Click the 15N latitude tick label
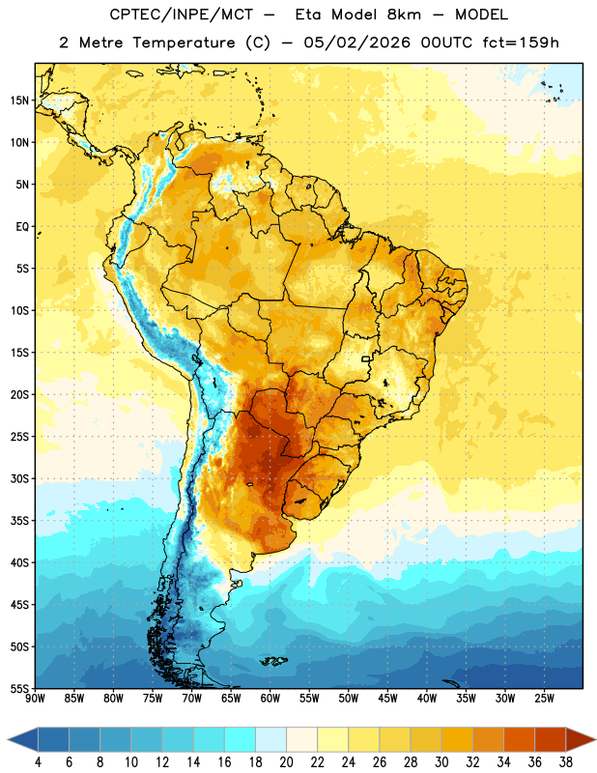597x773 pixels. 19,100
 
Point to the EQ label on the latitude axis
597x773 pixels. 22,227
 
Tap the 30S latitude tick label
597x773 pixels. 19,479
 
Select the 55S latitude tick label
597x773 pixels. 19,689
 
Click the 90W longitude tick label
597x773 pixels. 35,699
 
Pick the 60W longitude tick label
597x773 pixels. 270,699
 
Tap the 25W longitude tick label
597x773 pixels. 544,699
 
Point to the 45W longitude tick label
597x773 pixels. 387,699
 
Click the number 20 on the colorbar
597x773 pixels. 286,762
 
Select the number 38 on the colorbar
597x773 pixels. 566,762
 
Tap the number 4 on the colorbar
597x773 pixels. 38,762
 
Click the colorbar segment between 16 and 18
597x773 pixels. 241,739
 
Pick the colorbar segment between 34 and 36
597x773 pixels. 520,739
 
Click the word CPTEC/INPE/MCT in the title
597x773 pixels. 182,14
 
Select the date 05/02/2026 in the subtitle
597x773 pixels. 356,43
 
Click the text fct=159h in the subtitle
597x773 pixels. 521,43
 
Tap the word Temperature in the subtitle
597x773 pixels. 184,43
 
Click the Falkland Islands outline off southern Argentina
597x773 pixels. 273,661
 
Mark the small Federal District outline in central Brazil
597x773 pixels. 366,358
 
